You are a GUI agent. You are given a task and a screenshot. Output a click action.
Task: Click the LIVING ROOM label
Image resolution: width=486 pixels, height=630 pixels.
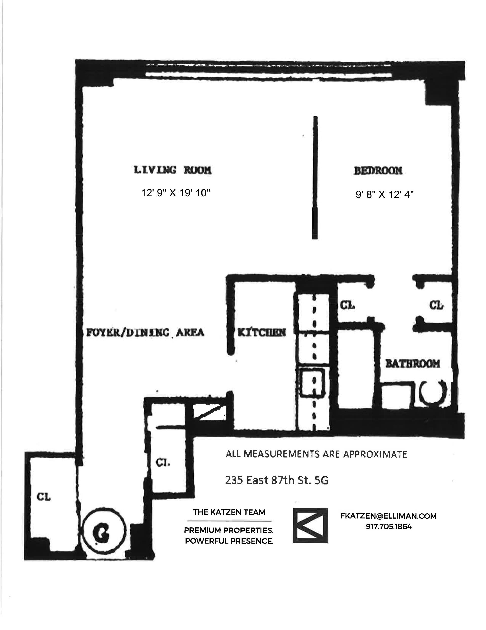point(173,170)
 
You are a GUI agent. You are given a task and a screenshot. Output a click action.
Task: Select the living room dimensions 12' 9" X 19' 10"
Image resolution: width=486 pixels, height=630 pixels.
point(175,193)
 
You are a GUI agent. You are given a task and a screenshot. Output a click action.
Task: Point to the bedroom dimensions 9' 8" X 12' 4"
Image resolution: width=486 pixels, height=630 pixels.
point(384,195)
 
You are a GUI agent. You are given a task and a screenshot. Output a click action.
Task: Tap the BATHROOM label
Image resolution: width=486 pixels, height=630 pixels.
point(413,364)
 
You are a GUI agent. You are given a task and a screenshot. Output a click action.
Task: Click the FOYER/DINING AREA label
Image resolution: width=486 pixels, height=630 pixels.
point(145,333)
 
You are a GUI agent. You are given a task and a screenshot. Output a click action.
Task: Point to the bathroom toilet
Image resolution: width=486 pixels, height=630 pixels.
point(433,393)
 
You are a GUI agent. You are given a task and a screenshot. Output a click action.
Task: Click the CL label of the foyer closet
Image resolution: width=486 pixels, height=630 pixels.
point(163,463)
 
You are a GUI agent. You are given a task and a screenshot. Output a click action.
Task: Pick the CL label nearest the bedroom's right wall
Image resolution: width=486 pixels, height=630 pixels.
point(436,305)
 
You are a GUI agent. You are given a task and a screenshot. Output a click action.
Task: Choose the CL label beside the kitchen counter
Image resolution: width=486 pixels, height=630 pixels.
point(348,305)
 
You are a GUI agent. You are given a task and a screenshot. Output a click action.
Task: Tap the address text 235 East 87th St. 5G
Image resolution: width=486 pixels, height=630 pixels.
point(276,480)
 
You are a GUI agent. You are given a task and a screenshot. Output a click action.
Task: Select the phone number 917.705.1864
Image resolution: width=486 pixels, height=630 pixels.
point(388,527)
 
